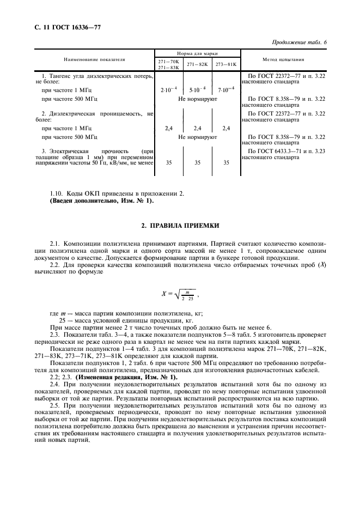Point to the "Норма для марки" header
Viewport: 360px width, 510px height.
[x=198, y=54]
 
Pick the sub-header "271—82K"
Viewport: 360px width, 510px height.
[x=198, y=64]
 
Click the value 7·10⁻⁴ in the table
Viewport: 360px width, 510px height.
[x=225, y=88]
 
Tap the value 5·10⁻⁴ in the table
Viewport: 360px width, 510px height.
[x=197, y=88]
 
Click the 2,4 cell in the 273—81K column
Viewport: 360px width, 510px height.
[x=225, y=128]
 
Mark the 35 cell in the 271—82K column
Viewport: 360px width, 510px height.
[x=197, y=162]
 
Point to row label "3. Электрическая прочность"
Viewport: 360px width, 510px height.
[x=84, y=150]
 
